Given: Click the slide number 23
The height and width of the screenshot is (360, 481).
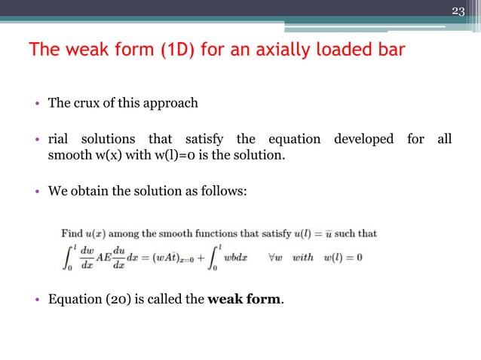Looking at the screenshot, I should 458,11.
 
